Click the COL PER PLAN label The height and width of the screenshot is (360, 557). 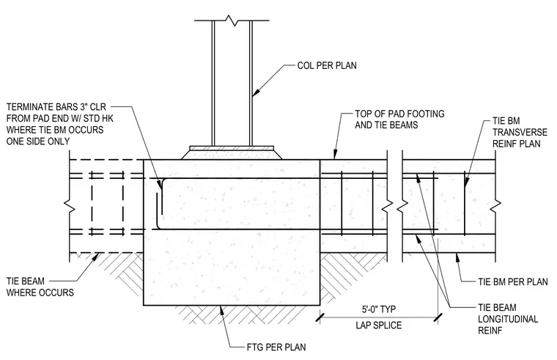click(x=327, y=66)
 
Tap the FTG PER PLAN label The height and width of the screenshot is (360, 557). click(x=276, y=347)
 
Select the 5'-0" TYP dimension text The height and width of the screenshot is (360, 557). click(x=379, y=309)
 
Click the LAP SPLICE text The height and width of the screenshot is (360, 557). click(x=379, y=325)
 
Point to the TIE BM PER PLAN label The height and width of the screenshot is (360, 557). click(x=512, y=282)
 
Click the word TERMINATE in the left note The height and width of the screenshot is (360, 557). click(x=29, y=107)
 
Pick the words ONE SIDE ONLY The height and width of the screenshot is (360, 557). click(x=38, y=141)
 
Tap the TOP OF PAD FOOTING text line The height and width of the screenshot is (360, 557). click(x=399, y=114)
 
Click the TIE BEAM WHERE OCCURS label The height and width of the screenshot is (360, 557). click(x=40, y=287)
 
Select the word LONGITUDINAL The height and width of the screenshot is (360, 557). click(x=508, y=319)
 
